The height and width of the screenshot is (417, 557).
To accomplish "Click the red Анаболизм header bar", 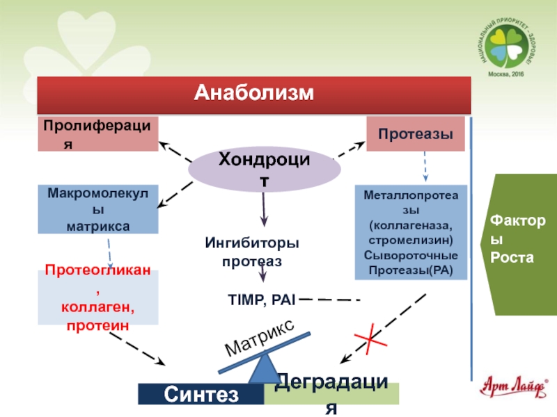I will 254,94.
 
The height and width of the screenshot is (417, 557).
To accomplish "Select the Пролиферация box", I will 98,134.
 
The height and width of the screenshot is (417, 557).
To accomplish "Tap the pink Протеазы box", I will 416,134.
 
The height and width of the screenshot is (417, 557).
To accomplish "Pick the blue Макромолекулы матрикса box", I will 98,208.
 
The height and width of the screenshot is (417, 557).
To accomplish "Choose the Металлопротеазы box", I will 410,232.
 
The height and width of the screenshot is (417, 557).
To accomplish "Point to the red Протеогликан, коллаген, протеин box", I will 98,297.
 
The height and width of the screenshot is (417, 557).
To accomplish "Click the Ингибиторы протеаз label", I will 252,252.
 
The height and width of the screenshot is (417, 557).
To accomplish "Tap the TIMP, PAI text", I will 262,300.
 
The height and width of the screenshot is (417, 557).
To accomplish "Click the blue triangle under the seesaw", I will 265,368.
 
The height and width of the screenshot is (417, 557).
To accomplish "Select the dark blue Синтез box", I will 201,395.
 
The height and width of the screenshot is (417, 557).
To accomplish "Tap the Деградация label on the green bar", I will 331,393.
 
